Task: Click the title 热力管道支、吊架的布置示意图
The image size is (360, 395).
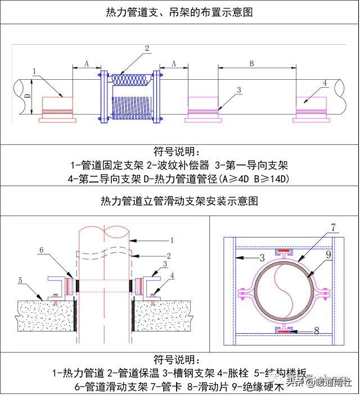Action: coord(179,12)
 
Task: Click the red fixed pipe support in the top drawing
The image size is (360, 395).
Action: coord(58,108)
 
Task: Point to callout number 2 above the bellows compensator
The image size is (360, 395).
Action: coord(147,49)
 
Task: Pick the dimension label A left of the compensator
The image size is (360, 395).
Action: coord(86,64)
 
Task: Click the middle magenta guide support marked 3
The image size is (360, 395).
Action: coord(203,108)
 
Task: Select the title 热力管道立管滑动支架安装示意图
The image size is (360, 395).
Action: coord(179,201)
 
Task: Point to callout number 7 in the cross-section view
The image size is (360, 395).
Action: coord(334,228)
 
